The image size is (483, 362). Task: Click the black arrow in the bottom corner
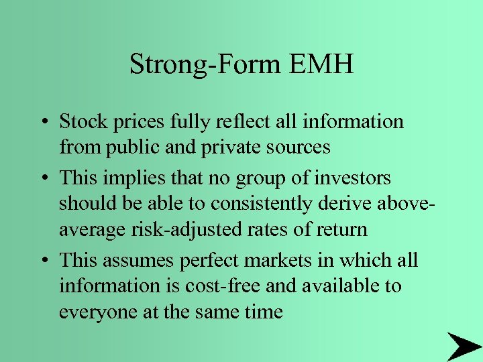[x=462, y=345]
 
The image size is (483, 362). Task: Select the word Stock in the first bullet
[x=80, y=121]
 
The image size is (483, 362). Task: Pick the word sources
[x=294, y=146]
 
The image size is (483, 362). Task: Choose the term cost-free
[x=209, y=286]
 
